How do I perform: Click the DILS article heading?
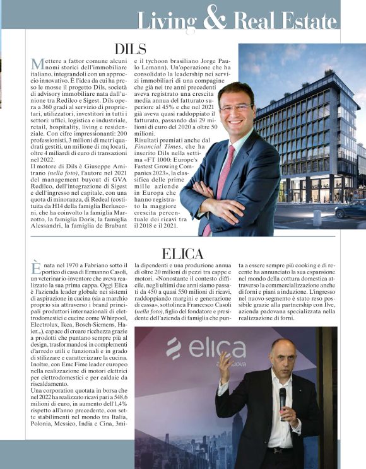click(x=131, y=49)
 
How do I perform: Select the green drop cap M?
click(x=36, y=64)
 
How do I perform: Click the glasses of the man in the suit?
click(x=236, y=108)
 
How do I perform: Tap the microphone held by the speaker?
click(x=282, y=398)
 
